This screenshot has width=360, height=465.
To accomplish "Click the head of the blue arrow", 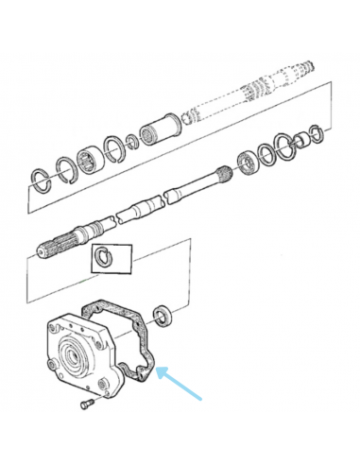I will (x=159, y=370).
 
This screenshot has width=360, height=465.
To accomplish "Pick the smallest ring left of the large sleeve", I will (x=132, y=139).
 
